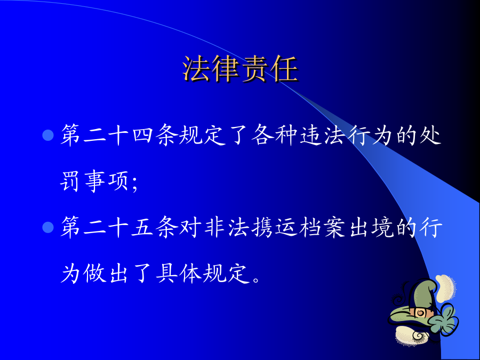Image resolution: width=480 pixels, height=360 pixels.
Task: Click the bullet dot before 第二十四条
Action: point(48,135)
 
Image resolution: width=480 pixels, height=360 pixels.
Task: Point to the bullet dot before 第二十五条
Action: point(48,227)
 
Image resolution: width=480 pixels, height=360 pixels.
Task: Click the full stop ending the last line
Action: point(257,279)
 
